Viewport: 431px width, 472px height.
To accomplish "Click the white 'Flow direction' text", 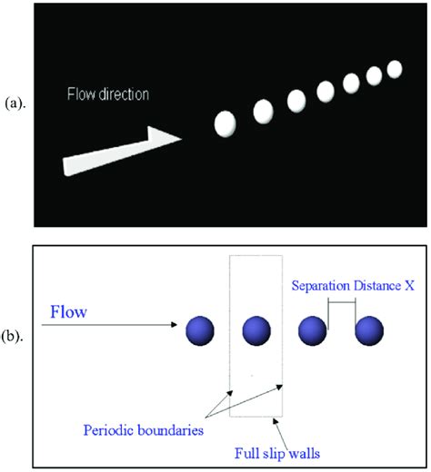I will click(x=107, y=94).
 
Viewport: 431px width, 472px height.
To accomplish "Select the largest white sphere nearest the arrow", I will click(x=226, y=123).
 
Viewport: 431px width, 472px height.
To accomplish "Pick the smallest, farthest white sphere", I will click(x=395, y=68).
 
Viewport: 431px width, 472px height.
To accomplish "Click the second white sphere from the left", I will click(x=263, y=111).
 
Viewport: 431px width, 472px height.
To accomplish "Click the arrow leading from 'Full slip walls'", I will click(x=273, y=427).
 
